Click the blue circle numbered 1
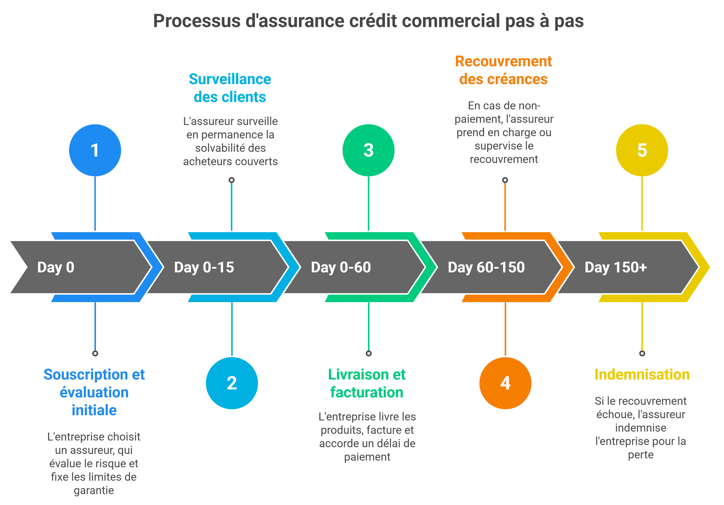click(x=95, y=150)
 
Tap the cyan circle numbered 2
click(x=232, y=383)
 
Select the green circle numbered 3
click(x=368, y=150)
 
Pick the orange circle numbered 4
click(x=505, y=383)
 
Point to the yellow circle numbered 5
click(x=642, y=150)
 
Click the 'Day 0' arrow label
click(x=56, y=267)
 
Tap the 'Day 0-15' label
click(x=204, y=267)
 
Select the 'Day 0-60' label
click(x=341, y=267)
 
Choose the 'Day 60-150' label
click(x=486, y=267)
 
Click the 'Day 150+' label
click(x=616, y=267)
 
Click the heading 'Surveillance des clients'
click(x=230, y=88)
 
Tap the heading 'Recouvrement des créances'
click(x=503, y=70)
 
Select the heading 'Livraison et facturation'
click(x=367, y=383)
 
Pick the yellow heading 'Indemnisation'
click(x=642, y=375)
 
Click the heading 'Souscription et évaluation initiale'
click(x=94, y=392)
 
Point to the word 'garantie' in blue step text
click(x=94, y=490)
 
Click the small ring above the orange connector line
click(x=505, y=180)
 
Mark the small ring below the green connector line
click(x=368, y=353)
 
